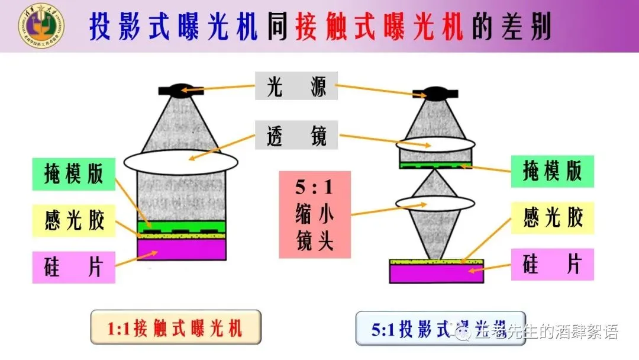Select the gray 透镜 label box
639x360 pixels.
click(x=296, y=135)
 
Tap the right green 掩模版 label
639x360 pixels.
click(x=552, y=171)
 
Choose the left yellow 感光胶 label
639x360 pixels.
click(x=73, y=220)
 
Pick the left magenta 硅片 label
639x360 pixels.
click(x=73, y=267)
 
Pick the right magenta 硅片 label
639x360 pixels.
click(x=552, y=265)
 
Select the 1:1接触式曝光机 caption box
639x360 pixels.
click(x=176, y=327)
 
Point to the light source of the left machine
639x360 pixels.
click(x=182, y=91)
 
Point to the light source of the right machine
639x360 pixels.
click(x=435, y=93)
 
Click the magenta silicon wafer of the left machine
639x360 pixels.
click(x=182, y=249)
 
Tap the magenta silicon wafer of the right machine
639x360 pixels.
click(x=436, y=272)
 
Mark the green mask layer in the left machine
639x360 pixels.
click(x=182, y=226)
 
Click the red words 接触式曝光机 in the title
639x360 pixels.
click(x=379, y=25)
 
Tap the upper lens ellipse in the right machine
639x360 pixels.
click(x=435, y=144)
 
